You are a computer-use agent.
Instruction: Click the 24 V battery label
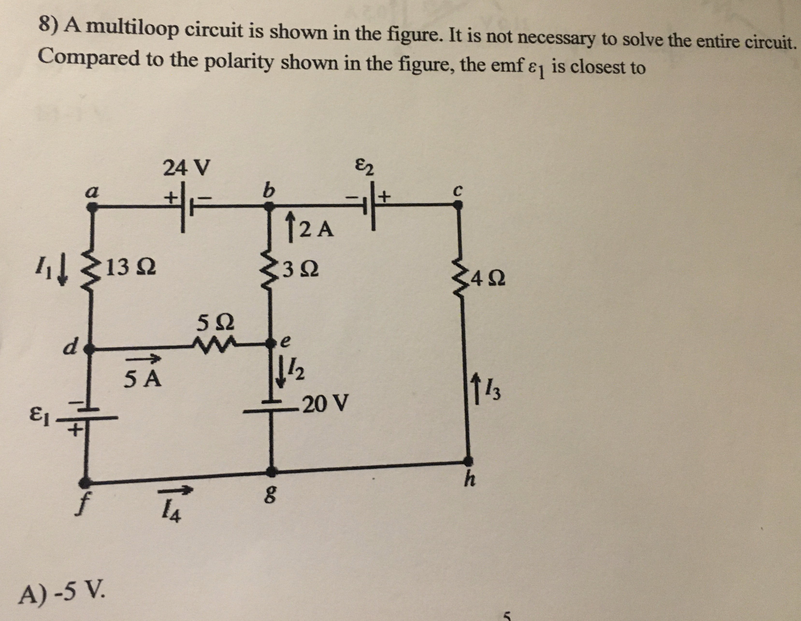[186, 168]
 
